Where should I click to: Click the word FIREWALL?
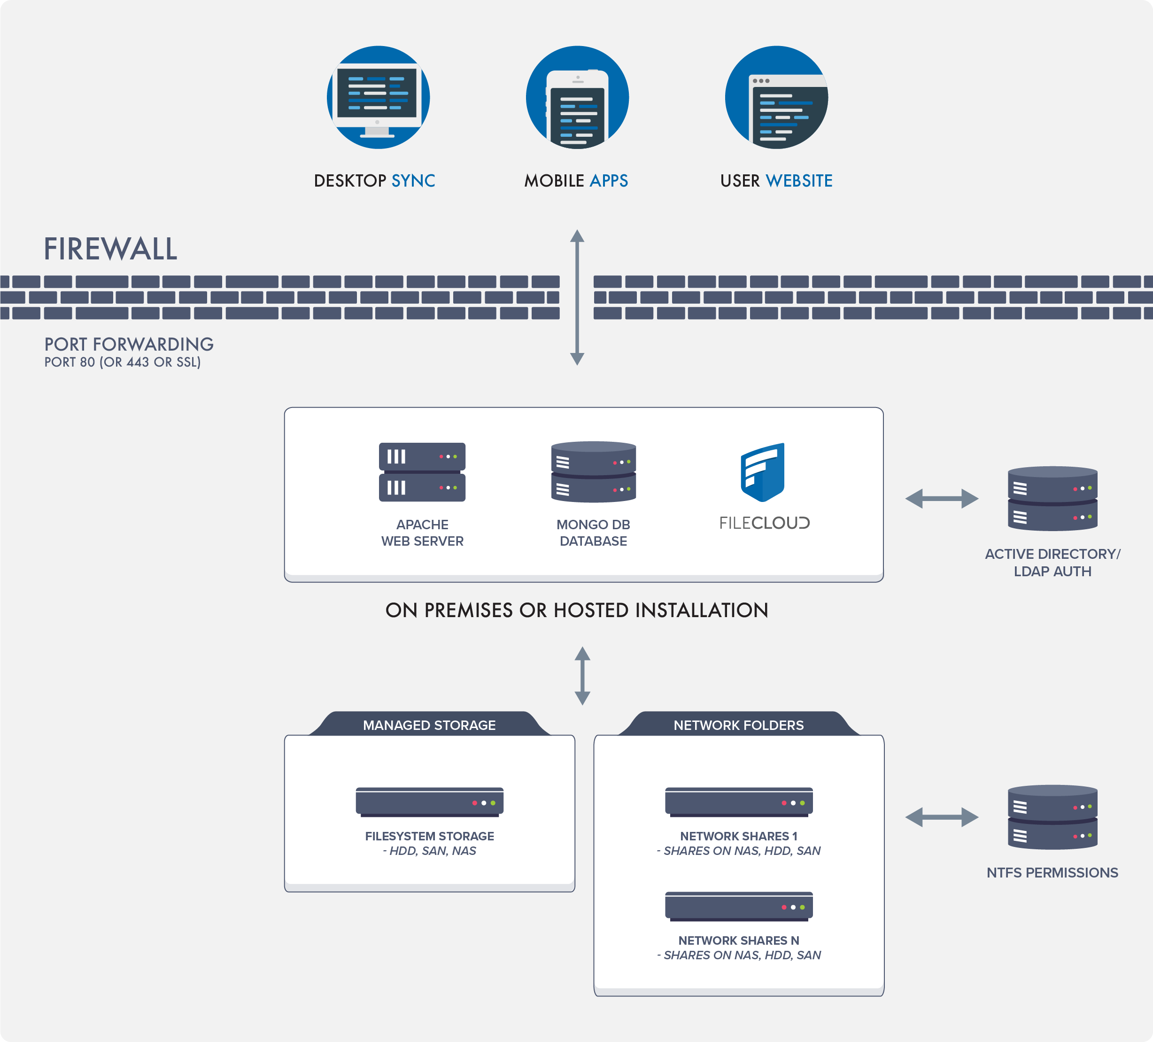point(110,250)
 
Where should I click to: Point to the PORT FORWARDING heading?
point(129,344)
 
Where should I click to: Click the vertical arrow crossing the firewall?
point(577,298)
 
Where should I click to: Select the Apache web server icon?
point(422,472)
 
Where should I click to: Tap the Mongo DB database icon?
point(593,472)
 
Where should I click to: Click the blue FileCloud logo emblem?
point(762,472)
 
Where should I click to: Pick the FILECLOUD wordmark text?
point(764,523)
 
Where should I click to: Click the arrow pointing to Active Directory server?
point(941,498)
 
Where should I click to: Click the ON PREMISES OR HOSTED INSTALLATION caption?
point(577,610)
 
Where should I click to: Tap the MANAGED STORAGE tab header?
point(429,725)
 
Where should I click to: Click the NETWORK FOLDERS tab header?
point(738,725)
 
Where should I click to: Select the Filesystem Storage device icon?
point(429,802)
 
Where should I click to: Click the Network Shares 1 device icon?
point(738,802)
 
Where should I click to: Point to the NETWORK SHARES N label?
point(738,940)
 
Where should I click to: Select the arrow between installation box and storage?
point(582,676)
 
